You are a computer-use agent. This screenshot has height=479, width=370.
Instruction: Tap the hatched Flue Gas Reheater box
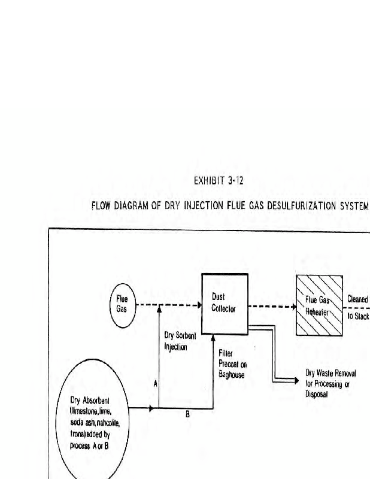click(x=319, y=305)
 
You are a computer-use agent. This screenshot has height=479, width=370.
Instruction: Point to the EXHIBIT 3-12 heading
click(x=219, y=181)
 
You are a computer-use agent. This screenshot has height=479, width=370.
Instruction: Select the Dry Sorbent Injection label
click(x=180, y=341)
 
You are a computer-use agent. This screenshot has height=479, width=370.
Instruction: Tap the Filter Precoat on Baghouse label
click(x=232, y=364)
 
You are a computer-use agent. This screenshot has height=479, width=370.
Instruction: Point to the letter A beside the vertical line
click(x=155, y=384)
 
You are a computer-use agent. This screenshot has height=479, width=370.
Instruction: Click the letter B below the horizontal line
click(x=187, y=414)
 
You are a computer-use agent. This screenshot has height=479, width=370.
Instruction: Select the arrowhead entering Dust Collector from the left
click(x=199, y=305)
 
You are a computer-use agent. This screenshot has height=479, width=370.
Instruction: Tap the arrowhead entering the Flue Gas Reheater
click(x=294, y=307)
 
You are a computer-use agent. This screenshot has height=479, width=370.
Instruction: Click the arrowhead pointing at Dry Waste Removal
click(x=296, y=381)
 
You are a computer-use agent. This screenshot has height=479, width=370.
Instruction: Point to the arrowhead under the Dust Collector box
click(x=213, y=338)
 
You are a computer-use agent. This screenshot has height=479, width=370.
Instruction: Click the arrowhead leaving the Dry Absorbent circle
click(x=151, y=408)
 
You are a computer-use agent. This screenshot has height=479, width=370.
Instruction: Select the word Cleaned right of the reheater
click(x=357, y=299)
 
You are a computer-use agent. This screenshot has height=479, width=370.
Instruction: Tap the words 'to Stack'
click(x=358, y=316)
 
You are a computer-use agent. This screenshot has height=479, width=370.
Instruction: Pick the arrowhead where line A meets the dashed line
click(x=159, y=308)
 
